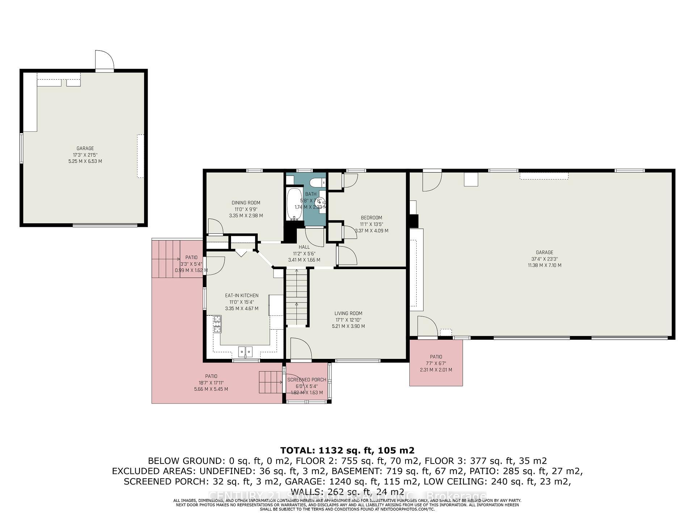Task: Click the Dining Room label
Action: tap(246, 203)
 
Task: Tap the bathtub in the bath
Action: tap(294, 204)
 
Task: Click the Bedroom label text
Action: tap(371, 218)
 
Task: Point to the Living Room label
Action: tap(348, 313)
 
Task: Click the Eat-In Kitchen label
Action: tap(241, 296)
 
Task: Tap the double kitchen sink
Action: tap(245, 352)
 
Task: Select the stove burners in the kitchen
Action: tap(217, 324)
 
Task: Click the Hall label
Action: tap(304, 247)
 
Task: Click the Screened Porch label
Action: tap(307, 380)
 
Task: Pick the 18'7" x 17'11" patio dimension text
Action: tap(211, 383)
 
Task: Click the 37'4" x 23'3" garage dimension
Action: tap(544, 259)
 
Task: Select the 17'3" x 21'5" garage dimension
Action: tap(85, 155)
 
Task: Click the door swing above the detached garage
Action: tap(104, 60)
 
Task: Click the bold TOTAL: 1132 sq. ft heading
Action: tap(347, 450)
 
